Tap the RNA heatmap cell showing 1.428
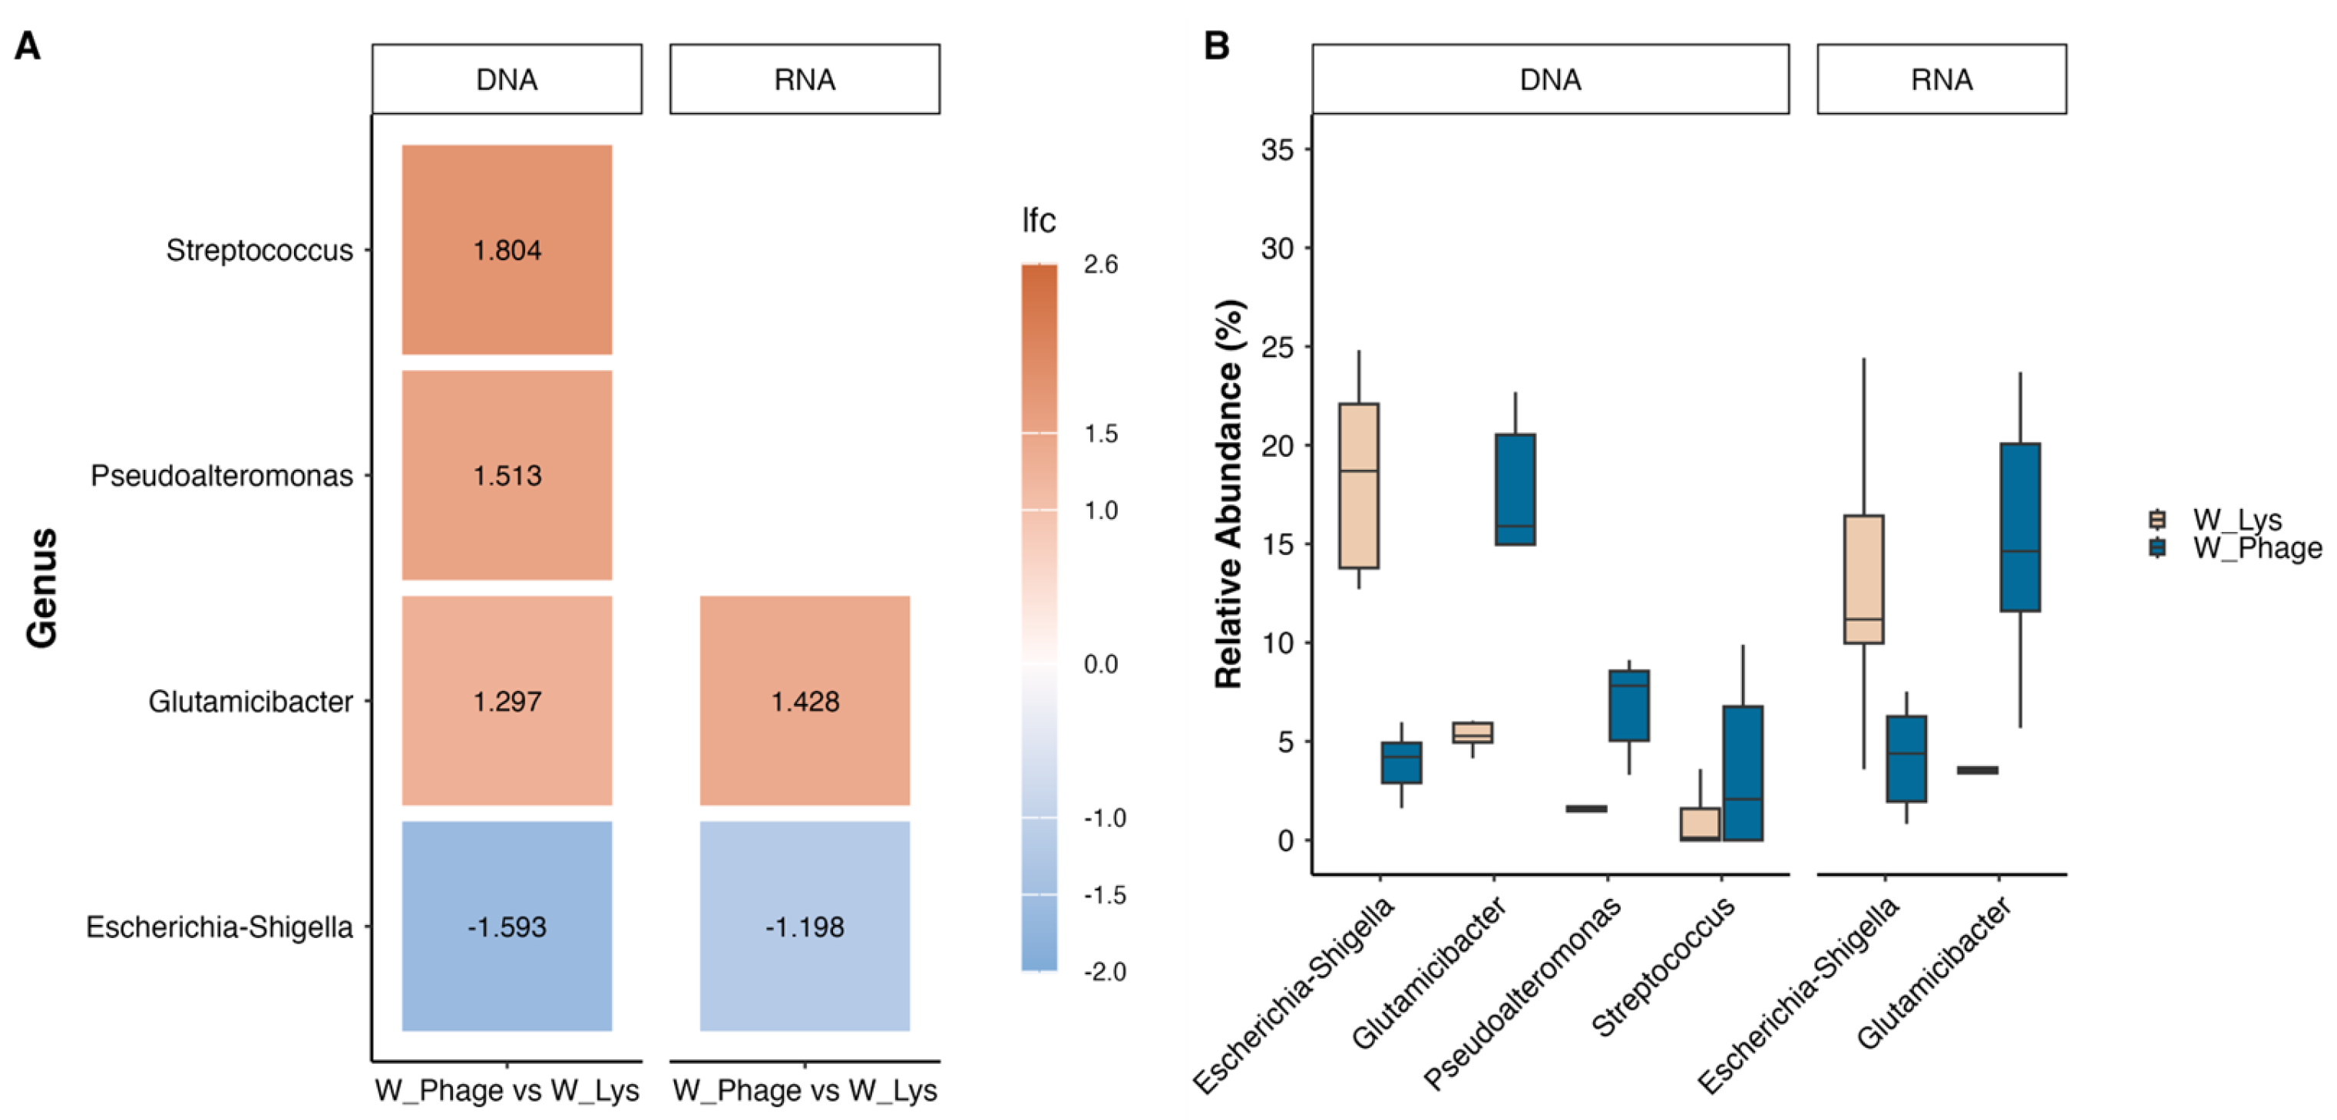(x=805, y=700)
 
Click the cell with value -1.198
(x=805, y=926)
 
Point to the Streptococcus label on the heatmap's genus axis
(x=259, y=250)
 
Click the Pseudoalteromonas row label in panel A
(x=221, y=475)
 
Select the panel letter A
(x=27, y=45)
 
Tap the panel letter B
(x=1217, y=45)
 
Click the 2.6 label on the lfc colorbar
(x=1100, y=265)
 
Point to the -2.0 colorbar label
(x=1104, y=972)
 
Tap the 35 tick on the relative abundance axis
(x=1277, y=150)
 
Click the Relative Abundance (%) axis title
(x=1229, y=494)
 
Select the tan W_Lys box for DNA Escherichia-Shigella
(x=1358, y=485)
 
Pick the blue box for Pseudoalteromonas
(x=1628, y=705)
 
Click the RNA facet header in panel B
(x=1942, y=80)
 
